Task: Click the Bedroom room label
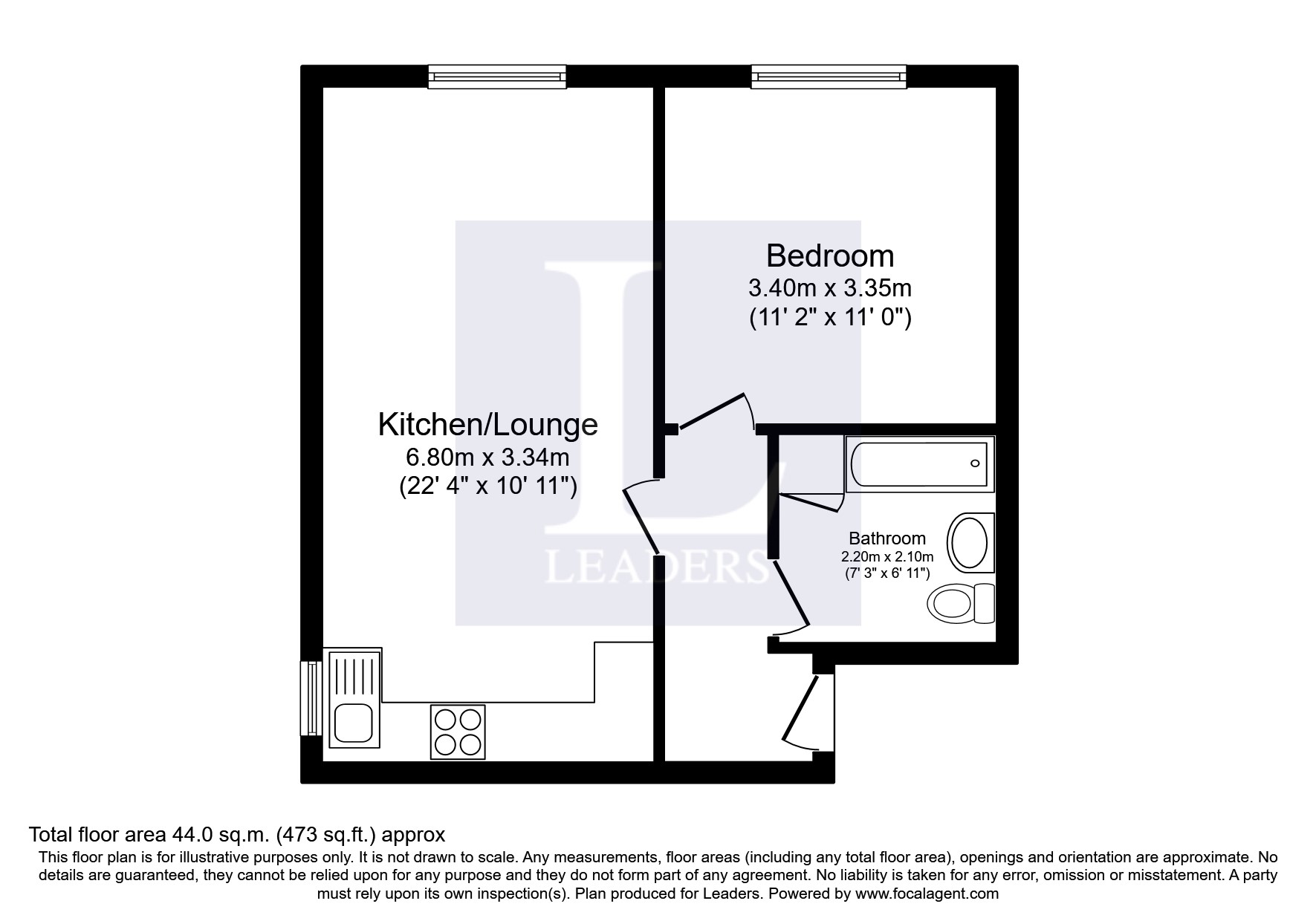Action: click(x=829, y=256)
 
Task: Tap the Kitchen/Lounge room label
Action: click(x=487, y=425)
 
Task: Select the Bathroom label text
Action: click(x=887, y=538)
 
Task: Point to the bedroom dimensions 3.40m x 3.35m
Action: click(x=829, y=287)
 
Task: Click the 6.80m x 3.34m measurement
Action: click(x=487, y=456)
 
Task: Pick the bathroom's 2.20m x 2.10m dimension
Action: click(x=887, y=556)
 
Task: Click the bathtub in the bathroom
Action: click(x=919, y=465)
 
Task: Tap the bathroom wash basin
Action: click(x=970, y=542)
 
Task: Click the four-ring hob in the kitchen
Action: click(x=458, y=732)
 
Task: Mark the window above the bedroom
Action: click(x=829, y=77)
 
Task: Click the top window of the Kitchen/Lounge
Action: click(x=497, y=77)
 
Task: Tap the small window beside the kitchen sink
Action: click(x=311, y=697)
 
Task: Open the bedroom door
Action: click(x=713, y=412)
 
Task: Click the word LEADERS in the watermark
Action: click(x=656, y=567)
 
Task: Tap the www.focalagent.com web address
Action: click(x=927, y=894)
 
